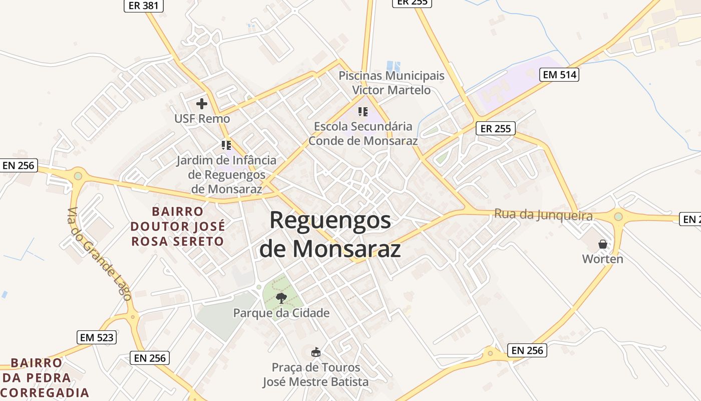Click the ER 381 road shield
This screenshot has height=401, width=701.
(144, 6)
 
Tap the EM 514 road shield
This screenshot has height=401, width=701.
(560, 75)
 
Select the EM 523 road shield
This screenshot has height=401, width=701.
(97, 337)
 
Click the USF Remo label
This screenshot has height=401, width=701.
(202, 119)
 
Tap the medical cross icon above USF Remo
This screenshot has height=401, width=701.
(202, 104)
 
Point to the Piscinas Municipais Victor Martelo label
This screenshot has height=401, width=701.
(392, 83)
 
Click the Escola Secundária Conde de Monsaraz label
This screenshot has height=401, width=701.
(363, 133)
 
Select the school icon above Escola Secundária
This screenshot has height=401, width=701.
(363, 112)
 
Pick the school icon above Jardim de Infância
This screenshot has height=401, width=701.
(226, 145)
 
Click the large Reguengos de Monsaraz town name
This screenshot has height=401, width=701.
(330, 234)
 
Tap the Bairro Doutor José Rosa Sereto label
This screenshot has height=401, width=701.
(177, 226)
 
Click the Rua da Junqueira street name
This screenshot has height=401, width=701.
(543, 215)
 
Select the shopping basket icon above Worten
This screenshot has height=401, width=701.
(603, 244)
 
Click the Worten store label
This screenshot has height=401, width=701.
(602, 259)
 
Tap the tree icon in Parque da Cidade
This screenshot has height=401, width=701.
(281, 298)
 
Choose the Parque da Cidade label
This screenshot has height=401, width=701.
(281, 313)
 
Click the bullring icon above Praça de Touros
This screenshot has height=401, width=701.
(315, 352)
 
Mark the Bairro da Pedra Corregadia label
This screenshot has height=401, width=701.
(44, 377)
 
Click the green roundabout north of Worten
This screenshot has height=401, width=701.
(618, 217)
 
